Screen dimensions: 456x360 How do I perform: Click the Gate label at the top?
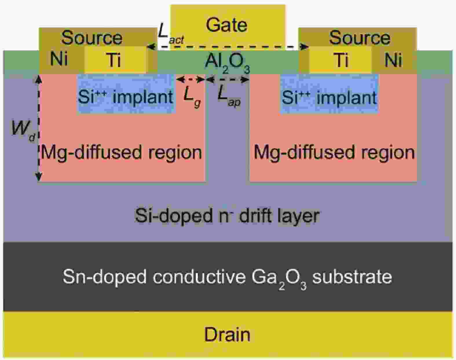coord(226,25)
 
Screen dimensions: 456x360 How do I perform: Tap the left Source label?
coord(92,38)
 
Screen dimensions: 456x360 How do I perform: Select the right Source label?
coord(359,38)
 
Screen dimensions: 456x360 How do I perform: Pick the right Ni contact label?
coord(393,60)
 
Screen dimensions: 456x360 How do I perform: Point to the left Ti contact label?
coord(114,60)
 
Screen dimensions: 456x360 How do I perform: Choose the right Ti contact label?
coord(341,60)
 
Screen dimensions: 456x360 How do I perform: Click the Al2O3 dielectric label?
coord(228,63)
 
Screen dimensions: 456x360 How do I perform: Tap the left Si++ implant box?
coord(126,94)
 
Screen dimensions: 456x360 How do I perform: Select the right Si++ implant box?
coord(329,94)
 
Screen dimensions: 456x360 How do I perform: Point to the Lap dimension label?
coord(229,96)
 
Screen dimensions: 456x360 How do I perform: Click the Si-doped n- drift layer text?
coord(227,215)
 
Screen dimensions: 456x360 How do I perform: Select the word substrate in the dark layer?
coord(352,277)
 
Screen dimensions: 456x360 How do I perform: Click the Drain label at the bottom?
coord(227,335)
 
